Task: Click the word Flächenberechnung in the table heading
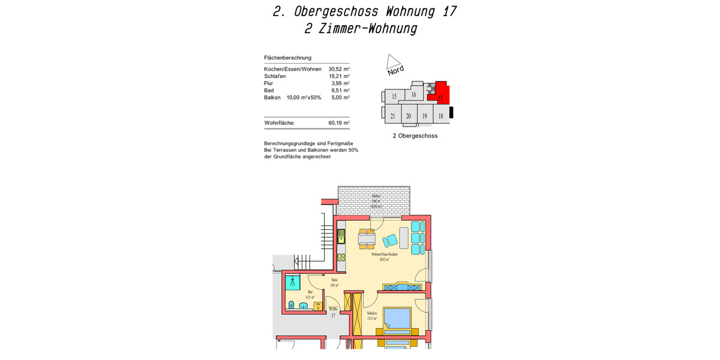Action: coord(288,58)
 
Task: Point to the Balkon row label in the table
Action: coord(272,97)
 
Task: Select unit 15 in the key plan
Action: coord(394,96)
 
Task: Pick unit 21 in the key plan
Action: coord(392,116)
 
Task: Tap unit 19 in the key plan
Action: coord(424,116)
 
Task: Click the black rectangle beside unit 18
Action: coord(452,112)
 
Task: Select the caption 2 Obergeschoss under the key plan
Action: coord(415,136)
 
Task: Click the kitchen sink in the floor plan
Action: coord(341,235)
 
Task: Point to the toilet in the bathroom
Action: coord(292,304)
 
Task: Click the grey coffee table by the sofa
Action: coord(404,238)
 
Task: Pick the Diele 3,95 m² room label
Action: coord(334,282)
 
